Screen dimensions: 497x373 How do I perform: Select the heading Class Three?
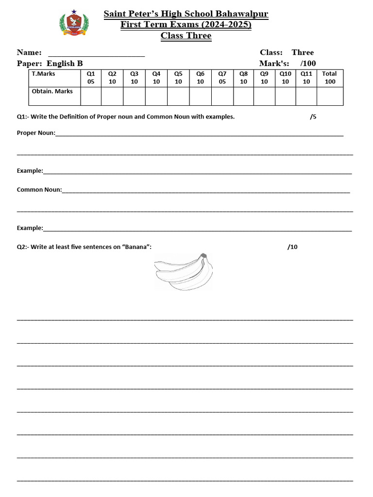coord(186,35)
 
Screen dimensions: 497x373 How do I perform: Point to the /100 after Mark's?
coord(308,63)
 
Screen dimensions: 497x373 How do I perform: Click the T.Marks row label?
coord(43,74)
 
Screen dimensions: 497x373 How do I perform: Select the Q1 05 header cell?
coord(91,78)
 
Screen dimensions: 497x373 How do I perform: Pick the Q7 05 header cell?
coord(222,78)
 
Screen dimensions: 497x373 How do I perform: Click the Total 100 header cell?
coord(330,78)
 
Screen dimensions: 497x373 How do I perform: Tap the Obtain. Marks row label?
coord(52,91)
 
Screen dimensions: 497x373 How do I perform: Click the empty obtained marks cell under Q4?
coord(156,96)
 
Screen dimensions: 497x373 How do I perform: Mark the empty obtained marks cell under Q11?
coord(306,96)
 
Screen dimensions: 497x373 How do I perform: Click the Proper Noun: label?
coord(36,133)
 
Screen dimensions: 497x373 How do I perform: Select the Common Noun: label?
coord(39,189)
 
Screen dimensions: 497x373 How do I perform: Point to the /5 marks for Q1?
coord(313,116)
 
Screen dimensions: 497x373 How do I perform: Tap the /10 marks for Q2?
coord(292,247)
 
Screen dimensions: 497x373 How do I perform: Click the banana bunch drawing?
coord(184,272)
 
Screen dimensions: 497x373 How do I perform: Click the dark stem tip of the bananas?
coord(204,255)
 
